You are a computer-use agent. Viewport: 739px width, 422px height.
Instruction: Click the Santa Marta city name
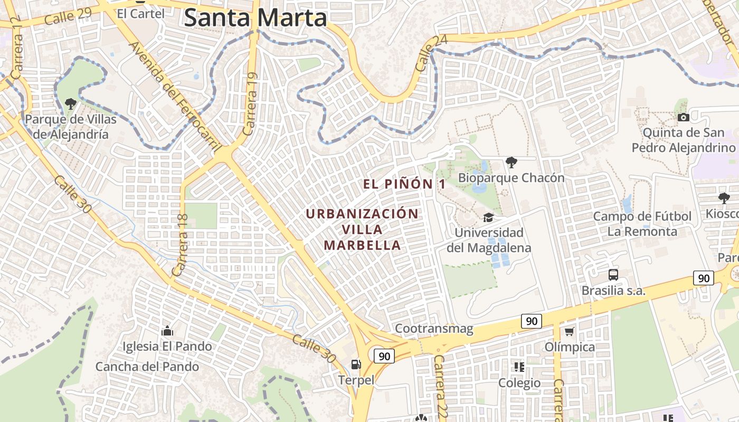[x=255, y=18]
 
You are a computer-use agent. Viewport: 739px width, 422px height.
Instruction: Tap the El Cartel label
[x=140, y=14]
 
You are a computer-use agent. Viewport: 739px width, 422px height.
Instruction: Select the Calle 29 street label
[x=68, y=17]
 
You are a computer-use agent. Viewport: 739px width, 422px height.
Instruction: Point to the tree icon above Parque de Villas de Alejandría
[x=70, y=103]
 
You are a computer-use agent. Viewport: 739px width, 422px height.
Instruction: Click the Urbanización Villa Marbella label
[x=362, y=229]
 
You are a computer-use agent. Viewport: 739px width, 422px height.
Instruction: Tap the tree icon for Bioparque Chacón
[x=511, y=162]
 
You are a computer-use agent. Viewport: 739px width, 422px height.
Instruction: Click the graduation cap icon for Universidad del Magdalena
[x=489, y=217]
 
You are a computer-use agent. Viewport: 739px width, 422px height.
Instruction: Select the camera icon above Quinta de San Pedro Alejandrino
[x=683, y=117]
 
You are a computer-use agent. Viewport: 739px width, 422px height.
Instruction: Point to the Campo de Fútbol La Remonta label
[x=642, y=224]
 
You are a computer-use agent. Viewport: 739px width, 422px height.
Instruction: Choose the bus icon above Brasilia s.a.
[x=613, y=274]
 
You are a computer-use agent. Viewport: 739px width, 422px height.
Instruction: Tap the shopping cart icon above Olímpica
[x=569, y=332]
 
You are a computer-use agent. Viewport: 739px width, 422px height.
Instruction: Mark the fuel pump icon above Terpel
[x=356, y=364]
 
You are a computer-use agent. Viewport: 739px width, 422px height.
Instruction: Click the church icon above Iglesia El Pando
[x=167, y=331]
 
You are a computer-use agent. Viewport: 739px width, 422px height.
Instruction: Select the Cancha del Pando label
[x=147, y=367]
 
